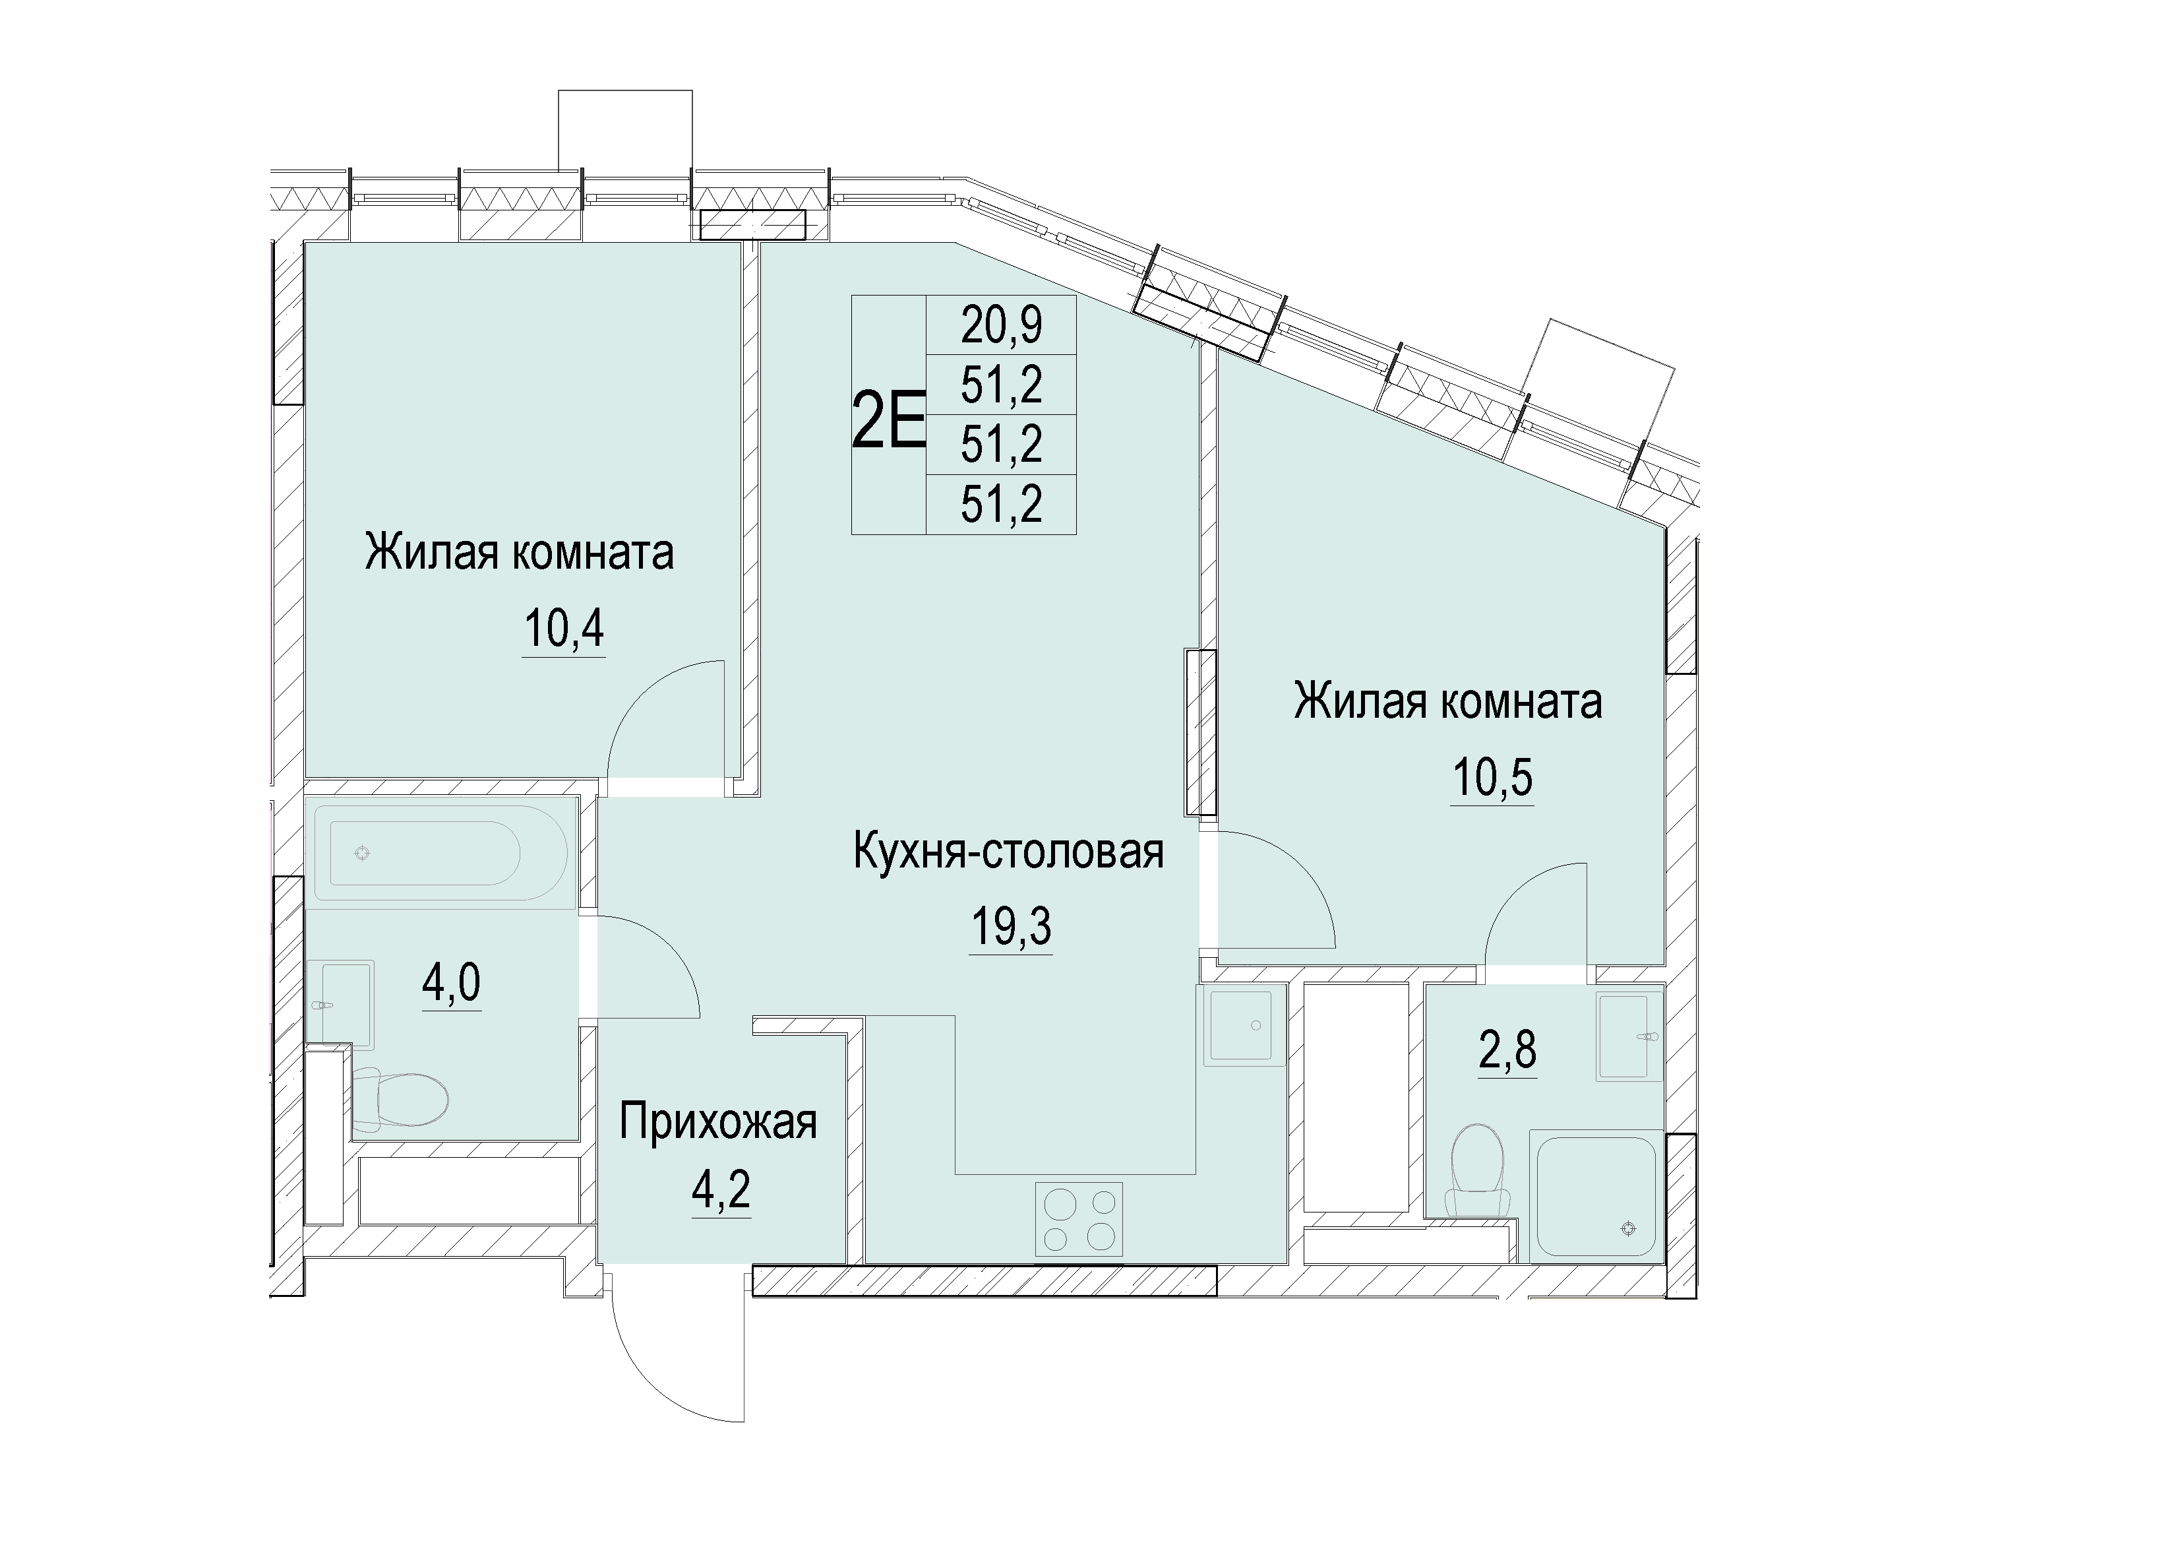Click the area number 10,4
click(x=564, y=629)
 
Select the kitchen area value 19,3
click(x=1011, y=926)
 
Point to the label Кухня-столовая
click(x=1010, y=852)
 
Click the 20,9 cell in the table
click(x=1002, y=325)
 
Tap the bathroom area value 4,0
click(x=452, y=983)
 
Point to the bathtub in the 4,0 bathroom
click(x=440, y=854)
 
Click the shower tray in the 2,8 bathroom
click(x=1596, y=1196)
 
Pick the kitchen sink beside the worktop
click(x=1239, y=1026)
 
